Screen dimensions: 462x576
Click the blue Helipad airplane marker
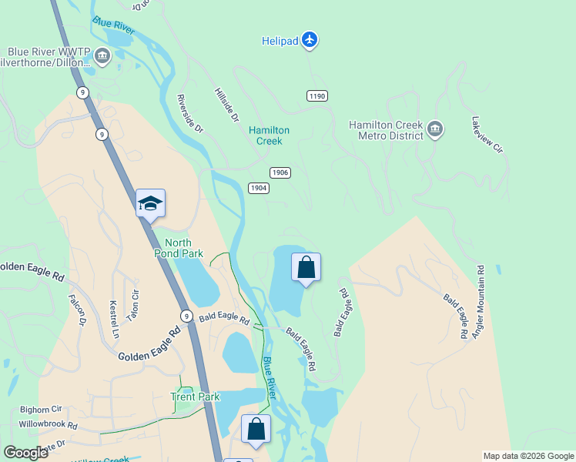[x=310, y=39]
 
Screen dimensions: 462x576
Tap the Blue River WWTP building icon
[x=102, y=55]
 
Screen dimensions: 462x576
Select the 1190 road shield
[x=316, y=95]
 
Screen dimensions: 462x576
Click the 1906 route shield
[x=280, y=172]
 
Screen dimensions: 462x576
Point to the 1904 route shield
[x=259, y=188]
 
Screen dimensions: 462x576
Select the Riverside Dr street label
[x=189, y=113]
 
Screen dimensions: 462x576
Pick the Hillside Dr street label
[x=226, y=104]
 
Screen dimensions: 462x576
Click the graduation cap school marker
[x=150, y=203]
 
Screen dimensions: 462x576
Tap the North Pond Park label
[x=178, y=248]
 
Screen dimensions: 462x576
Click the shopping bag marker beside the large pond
[x=306, y=267]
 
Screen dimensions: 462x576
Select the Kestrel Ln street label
[x=115, y=320]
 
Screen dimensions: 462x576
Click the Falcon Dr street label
[x=78, y=310]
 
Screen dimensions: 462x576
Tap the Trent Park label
[x=195, y=397]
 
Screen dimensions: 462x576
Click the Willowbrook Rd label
[x=49, y=424]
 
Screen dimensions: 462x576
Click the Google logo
[x=25, y=453]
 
